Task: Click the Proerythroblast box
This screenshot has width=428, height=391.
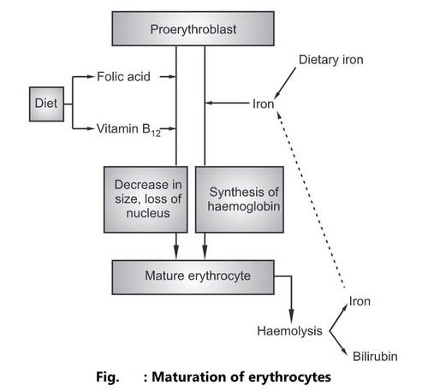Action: pyautogui.click(x=193, y=28)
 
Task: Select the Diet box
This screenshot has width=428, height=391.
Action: pyautogui.click(x=46, y=104)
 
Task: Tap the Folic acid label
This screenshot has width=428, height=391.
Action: pyautogui.click(x=123, y=76)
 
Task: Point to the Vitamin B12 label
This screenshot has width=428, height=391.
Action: pyautogui.click(x=128, y=130)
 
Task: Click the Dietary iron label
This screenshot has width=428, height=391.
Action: pyautogui.click(x=331, y=60)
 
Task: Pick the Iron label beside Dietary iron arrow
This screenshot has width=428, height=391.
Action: pyautogui.click(x=263, y=104)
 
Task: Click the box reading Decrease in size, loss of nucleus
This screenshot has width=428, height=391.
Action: pyautogui.click(x=146, y=199)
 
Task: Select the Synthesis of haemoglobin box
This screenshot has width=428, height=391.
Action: pyautogui.click(x=240, y=199)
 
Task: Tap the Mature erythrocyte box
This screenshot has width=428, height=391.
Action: pyautogui.click(x=193, y=277)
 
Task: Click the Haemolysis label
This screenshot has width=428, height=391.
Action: pyautogui.click(x=289, y=331)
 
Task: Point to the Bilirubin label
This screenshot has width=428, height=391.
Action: pyautogui.click(x=375, y=357)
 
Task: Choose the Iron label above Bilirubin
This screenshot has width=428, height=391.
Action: pyautogui.click(x=360, y=301)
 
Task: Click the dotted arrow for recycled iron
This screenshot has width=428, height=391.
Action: pyautogui.click(x=311, y=199)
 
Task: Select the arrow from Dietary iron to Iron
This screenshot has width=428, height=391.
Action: pyautogui.click(x=285, y=83)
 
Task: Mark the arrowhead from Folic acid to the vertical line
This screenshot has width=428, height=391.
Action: pyautogui.click(x=172, y=77)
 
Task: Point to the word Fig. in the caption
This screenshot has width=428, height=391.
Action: pyautogui.click(x=108, y=377)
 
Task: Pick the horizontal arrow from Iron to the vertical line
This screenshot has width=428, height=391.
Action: pyautogui.click(x=227, y=103)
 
